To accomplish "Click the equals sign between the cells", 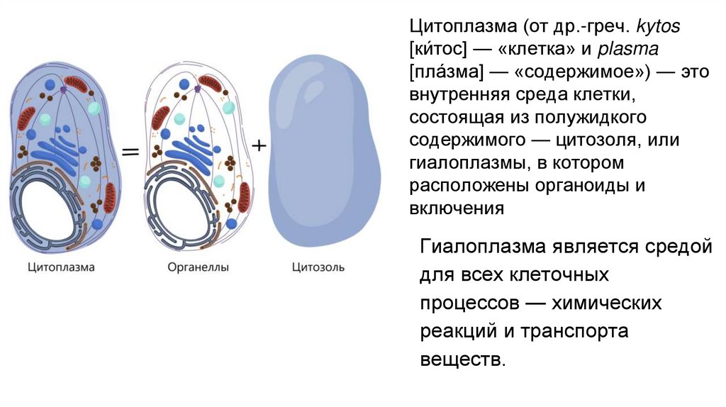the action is pos(130,151).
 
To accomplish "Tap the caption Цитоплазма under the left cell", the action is pos(61,268).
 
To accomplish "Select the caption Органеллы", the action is pos(194,268).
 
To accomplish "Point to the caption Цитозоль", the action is pos(318,268).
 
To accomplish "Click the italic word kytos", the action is pos(658,27).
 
